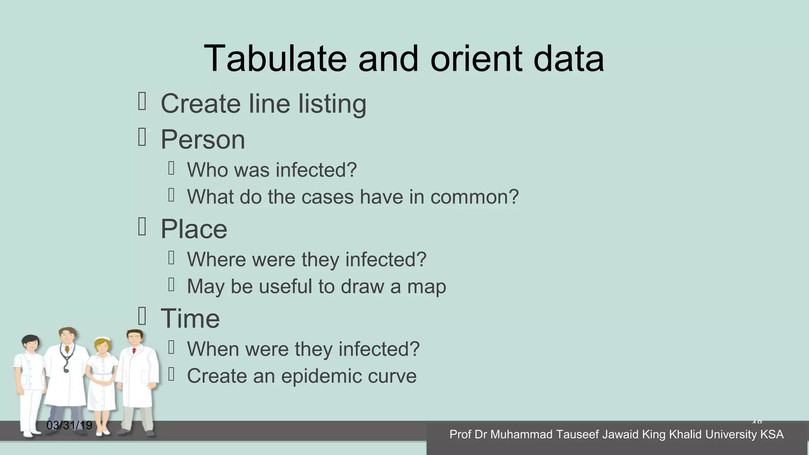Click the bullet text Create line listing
click(x=263, y=104)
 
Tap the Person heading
click(x=203, y=139)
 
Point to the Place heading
click(x=194, y=229)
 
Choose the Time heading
click(x=190, y=318)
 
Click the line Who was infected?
click(x=272, y=170)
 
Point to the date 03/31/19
click(x=69, y=425)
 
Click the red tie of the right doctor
click(x=134, y=350)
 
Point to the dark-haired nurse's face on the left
click(x=30, y=345)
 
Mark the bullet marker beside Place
click(x=142, y=227)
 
